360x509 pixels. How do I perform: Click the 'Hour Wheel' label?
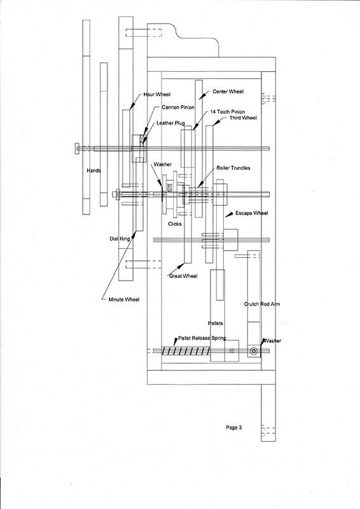click(x=157, y=94)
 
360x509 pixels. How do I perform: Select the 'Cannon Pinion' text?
click(x=178, y=107)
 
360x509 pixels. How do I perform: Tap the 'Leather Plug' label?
click(x=170, y=123)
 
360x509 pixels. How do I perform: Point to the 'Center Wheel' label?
click(x=228, y=92)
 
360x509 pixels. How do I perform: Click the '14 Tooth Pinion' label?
click(x=228, y=112)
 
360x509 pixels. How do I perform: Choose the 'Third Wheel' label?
click(x=243, y=118)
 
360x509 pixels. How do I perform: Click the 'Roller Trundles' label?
click(x=233, y=168)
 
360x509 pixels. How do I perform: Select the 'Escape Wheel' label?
click(x=252, y=213)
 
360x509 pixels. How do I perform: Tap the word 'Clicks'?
click(x=175, y=224)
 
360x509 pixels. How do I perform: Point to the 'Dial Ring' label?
click(x=120, y=239)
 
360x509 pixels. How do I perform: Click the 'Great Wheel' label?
click(x=183, y=276)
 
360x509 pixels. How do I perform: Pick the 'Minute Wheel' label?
click(x=124, y=299)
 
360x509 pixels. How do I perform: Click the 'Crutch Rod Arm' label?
click(x=262, y=304)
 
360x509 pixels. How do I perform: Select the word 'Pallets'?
click(x=215, y=323)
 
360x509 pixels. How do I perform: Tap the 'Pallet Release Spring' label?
click(x=202, y=338)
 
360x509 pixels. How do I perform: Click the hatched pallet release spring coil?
click(x=186, y=351)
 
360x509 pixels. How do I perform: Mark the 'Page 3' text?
click(x=233, y=428)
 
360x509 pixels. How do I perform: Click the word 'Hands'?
click(x=93, y=171)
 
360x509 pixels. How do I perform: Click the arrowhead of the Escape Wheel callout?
click(x=230, y=214)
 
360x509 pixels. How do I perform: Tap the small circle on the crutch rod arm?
click(x=254, y=351)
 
